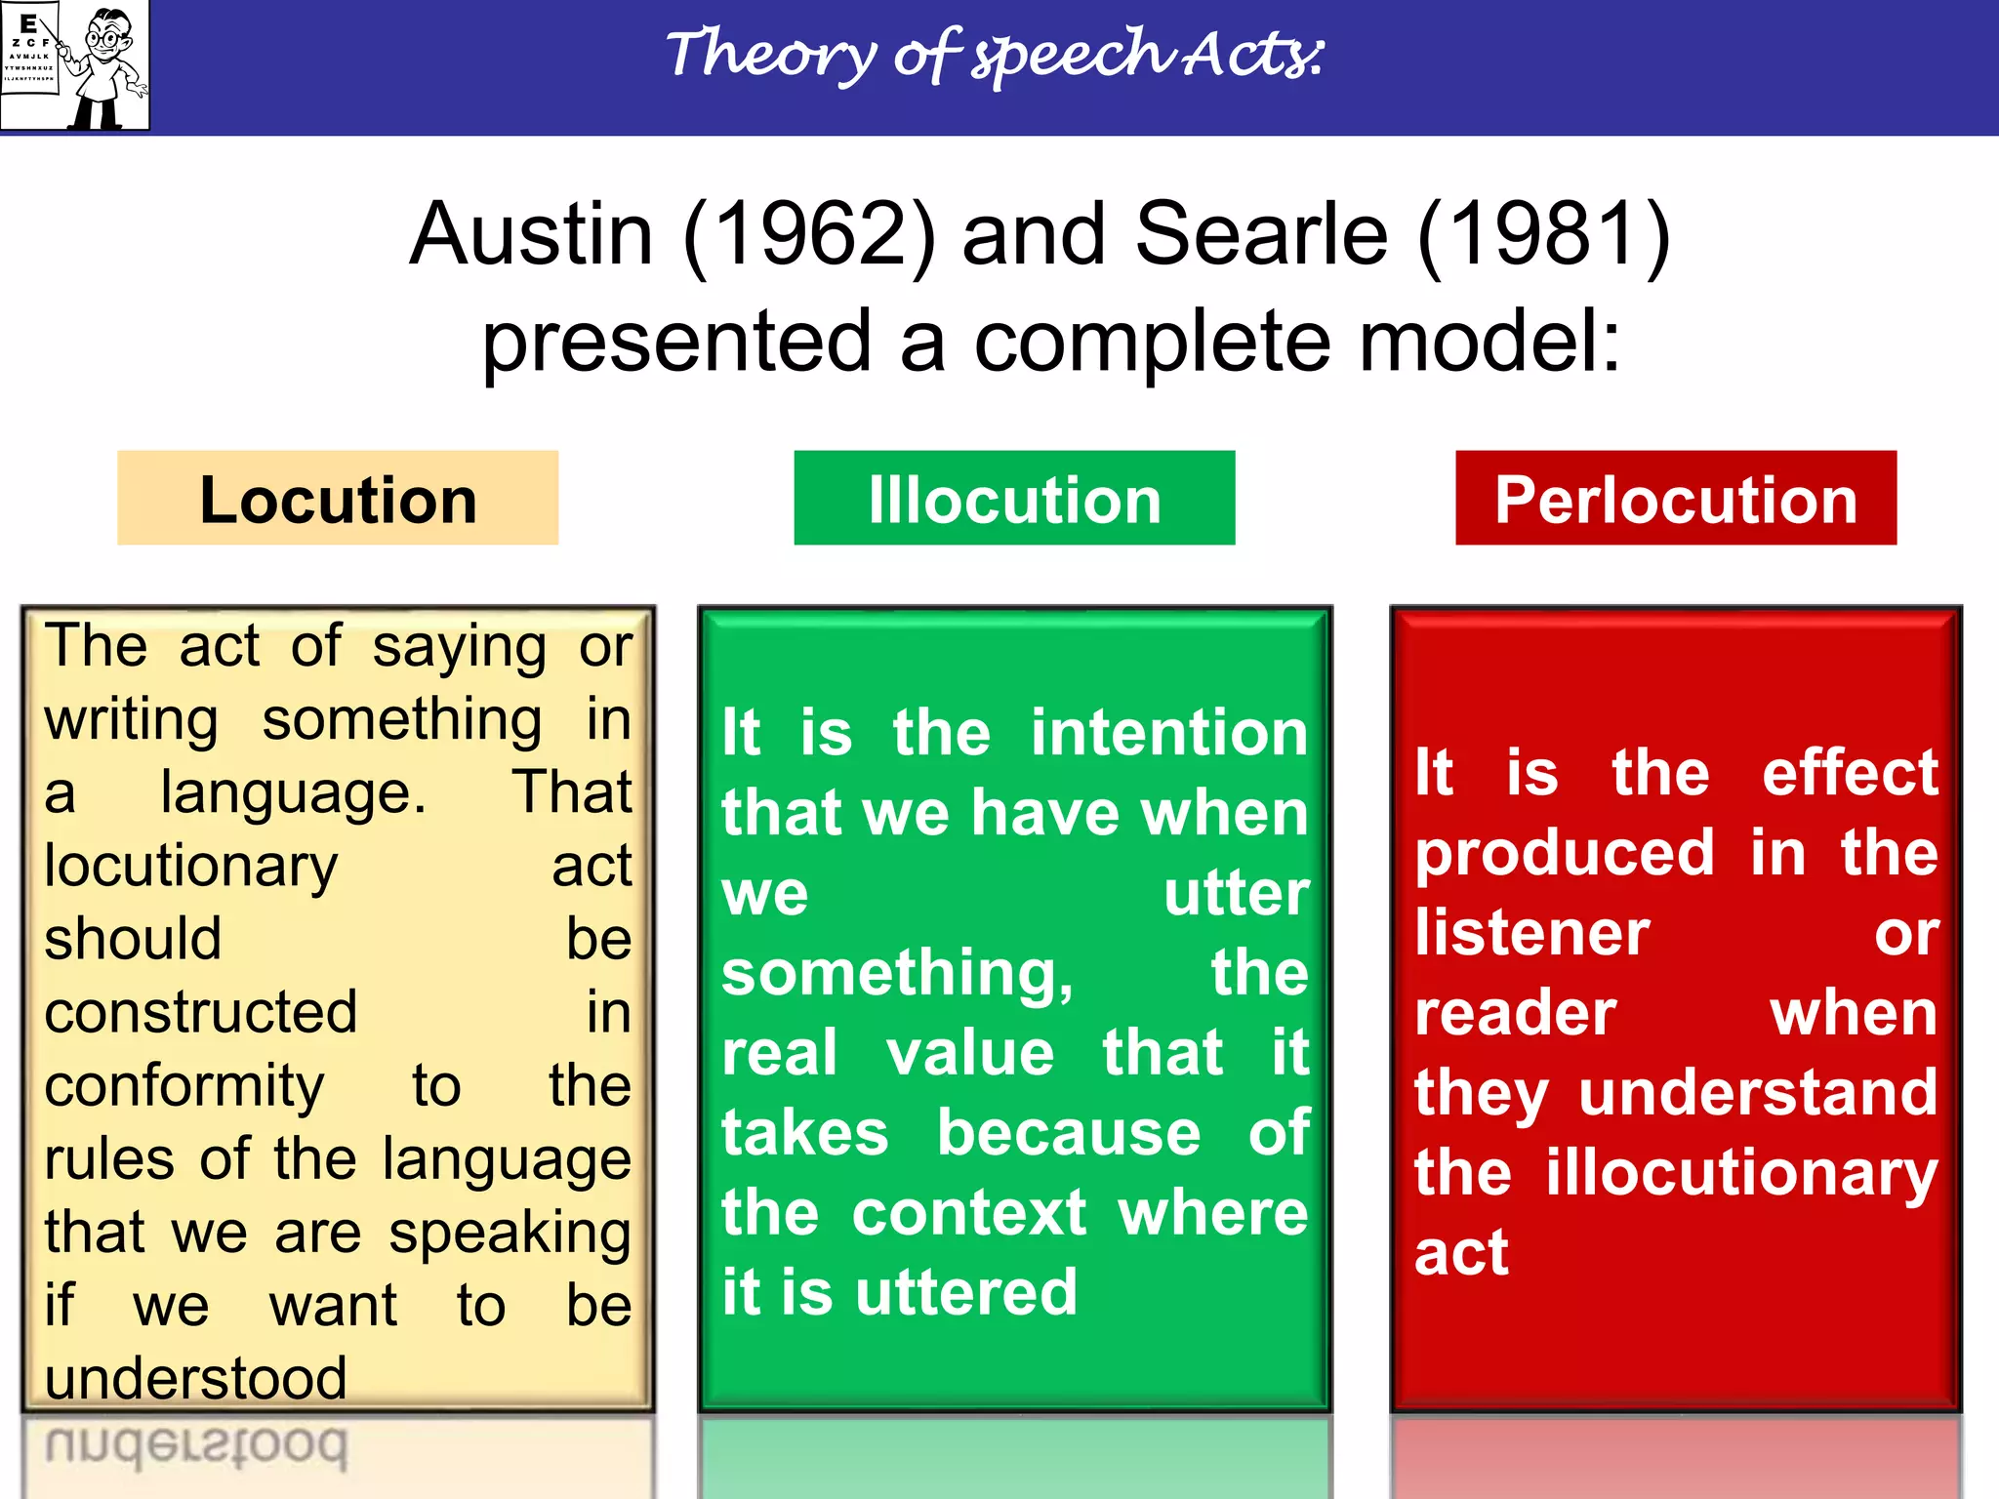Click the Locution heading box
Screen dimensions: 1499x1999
click(338, 499)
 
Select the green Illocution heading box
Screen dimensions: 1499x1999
click(1014, 499)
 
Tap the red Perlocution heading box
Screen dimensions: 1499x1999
click(1675, 499)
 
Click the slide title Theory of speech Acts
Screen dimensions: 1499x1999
click(996, 55)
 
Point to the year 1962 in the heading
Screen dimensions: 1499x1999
click(808, 234)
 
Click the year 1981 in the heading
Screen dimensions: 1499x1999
click(1543, 234)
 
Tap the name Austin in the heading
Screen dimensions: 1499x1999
click(531, 234)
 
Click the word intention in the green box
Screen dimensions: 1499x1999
click(1168, 733)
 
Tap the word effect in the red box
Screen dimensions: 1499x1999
click(1849, 773)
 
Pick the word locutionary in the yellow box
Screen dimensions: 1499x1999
click(191, 867)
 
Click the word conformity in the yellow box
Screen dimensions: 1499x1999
click(184, 1086)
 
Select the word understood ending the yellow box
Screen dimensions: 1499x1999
click(195, 1378)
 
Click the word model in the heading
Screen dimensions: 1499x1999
click(1489, 342)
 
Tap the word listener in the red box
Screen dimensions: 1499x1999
click(1531, 933)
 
